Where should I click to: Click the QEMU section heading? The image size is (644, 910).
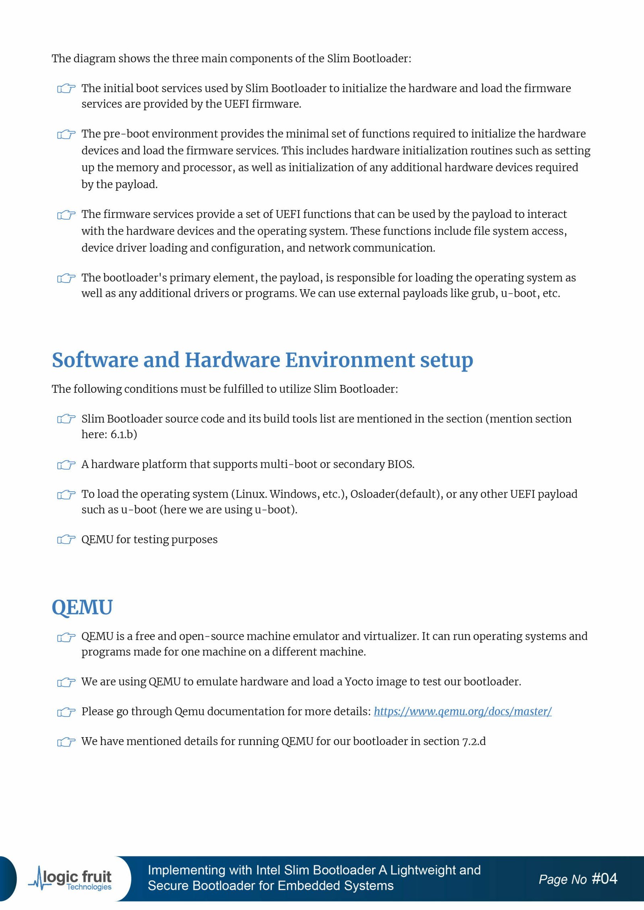coord(82,607)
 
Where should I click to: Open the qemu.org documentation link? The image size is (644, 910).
coord(462,711)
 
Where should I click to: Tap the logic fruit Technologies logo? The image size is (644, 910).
coord(71,879)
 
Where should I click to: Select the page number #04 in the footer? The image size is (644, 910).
coord(604,879)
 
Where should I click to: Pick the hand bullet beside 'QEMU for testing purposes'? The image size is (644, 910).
coord(66,539)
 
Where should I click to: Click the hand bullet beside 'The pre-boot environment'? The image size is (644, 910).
coord(66,134)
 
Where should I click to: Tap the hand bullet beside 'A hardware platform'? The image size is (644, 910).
coord(66,464)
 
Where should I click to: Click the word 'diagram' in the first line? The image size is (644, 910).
coord(94,59)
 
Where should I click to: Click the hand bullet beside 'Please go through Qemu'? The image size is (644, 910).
coord(66,712)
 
